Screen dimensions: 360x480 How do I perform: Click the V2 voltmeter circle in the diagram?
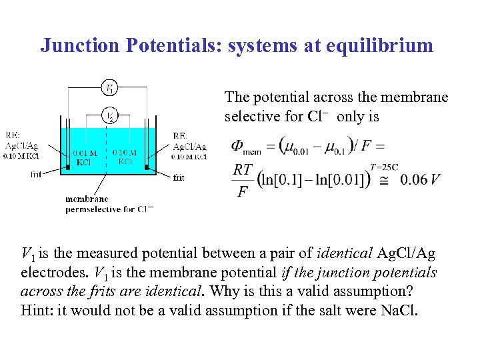click(x=111, y=115)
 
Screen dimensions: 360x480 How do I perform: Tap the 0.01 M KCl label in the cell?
click(x=85, y=158)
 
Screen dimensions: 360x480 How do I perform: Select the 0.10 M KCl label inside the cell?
click(x=126, y=157)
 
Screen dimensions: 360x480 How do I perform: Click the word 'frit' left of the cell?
click(x=37, y=175)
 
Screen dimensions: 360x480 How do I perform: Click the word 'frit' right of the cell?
click(x=179, y=178)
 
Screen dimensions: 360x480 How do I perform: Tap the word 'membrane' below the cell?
click(x=87, y=199)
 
